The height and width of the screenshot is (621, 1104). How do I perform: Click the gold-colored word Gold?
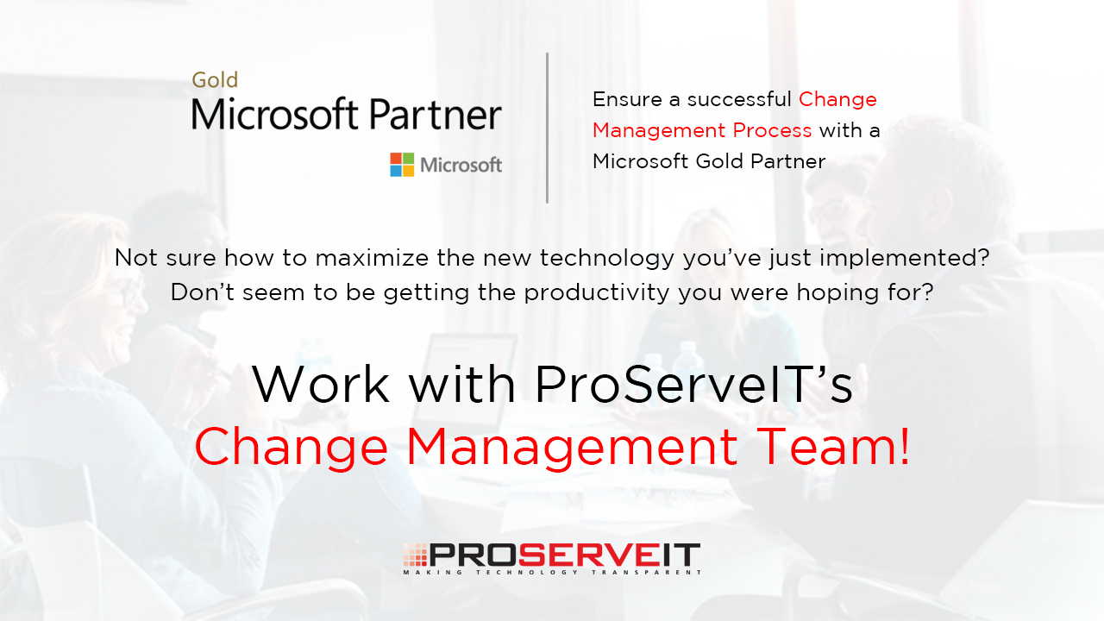[215, 80]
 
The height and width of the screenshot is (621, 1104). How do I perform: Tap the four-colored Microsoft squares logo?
[402, 165]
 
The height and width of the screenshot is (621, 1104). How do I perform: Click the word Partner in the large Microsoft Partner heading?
[436, 115]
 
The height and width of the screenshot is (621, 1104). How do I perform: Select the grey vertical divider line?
[547, 128]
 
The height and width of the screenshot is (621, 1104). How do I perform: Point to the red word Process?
[772, 130]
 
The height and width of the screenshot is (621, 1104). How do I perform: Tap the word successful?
[739, 99]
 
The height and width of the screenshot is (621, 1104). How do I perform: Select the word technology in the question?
[607, 259]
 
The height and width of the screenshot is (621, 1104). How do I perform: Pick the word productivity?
[596, 293]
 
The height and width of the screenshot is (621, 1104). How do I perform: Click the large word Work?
[321, 385]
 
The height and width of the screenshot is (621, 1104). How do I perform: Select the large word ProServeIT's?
[693, 385]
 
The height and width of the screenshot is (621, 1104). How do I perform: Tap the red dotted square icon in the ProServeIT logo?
[416, 555]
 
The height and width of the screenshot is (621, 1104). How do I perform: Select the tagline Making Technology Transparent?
[552, 572]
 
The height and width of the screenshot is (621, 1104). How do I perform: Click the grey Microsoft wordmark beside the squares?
[461, 165]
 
